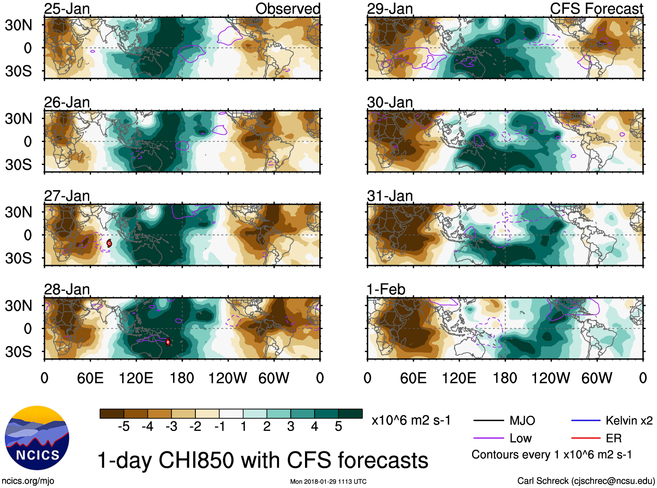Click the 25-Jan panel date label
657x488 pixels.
(x=67, y=9)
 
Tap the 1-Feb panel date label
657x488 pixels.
(x=386, y=289)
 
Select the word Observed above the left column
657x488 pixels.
(x=288, y=9)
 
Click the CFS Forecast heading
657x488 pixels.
(x=596, y=9)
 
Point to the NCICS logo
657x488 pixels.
(x=37, y=438)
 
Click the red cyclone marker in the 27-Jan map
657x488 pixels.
(x=109, y=243)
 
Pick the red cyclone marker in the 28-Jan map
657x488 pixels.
(x=168, y=342)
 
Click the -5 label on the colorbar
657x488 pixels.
(x=124, y=427)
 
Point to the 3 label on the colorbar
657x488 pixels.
(x=291, y=427)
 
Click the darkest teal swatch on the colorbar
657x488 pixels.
(x=350, y=414)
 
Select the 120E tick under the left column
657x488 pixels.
(x=136, y=378)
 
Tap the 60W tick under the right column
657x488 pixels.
(x=597, y=378)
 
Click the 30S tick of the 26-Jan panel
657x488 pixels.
(x=18, y=165)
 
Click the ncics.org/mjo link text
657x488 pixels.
(x=28, y=481)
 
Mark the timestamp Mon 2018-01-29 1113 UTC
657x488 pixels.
(x=328, y=481)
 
